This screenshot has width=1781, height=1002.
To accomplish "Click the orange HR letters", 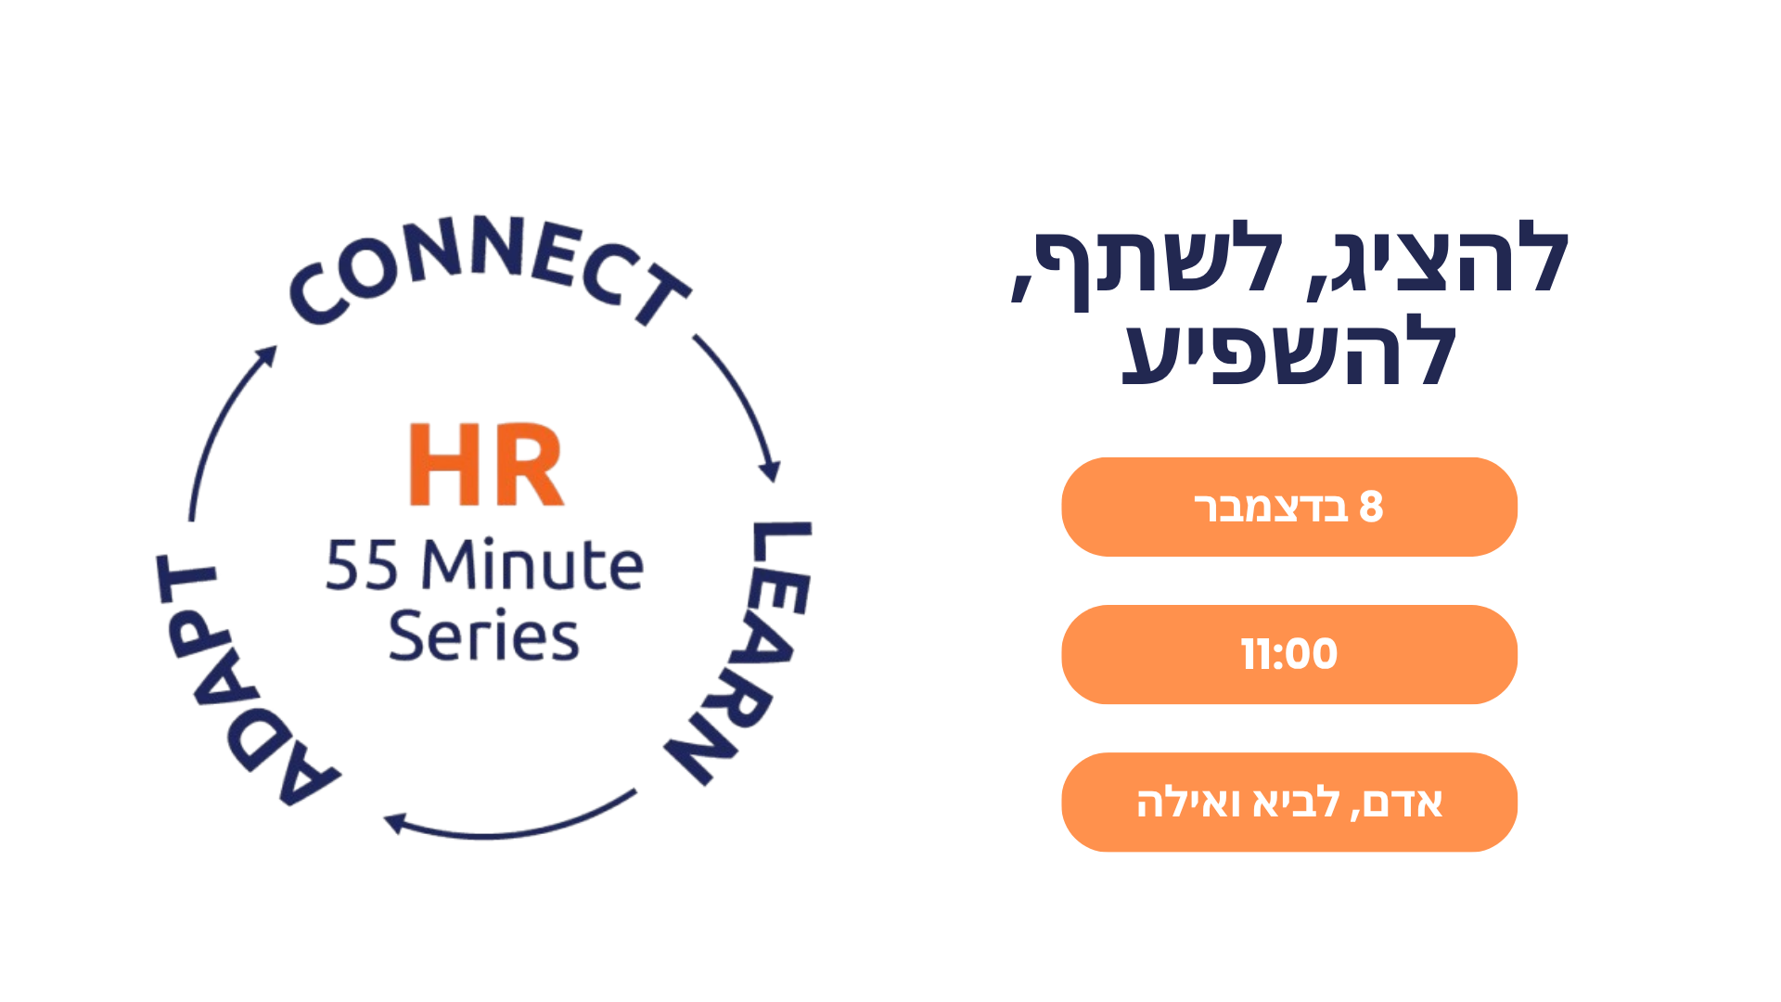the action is tap(486, 464).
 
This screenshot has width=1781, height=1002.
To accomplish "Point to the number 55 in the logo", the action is tap(363, 565).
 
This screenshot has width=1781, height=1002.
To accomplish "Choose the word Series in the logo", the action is tap(483, 636).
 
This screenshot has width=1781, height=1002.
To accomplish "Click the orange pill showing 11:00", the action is tap(1289, 654).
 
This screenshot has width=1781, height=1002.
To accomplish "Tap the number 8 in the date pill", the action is tap(1371, 507).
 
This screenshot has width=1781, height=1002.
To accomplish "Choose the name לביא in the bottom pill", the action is tap(1296, 803).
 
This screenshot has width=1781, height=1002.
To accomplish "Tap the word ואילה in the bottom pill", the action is tap(1188, 803).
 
